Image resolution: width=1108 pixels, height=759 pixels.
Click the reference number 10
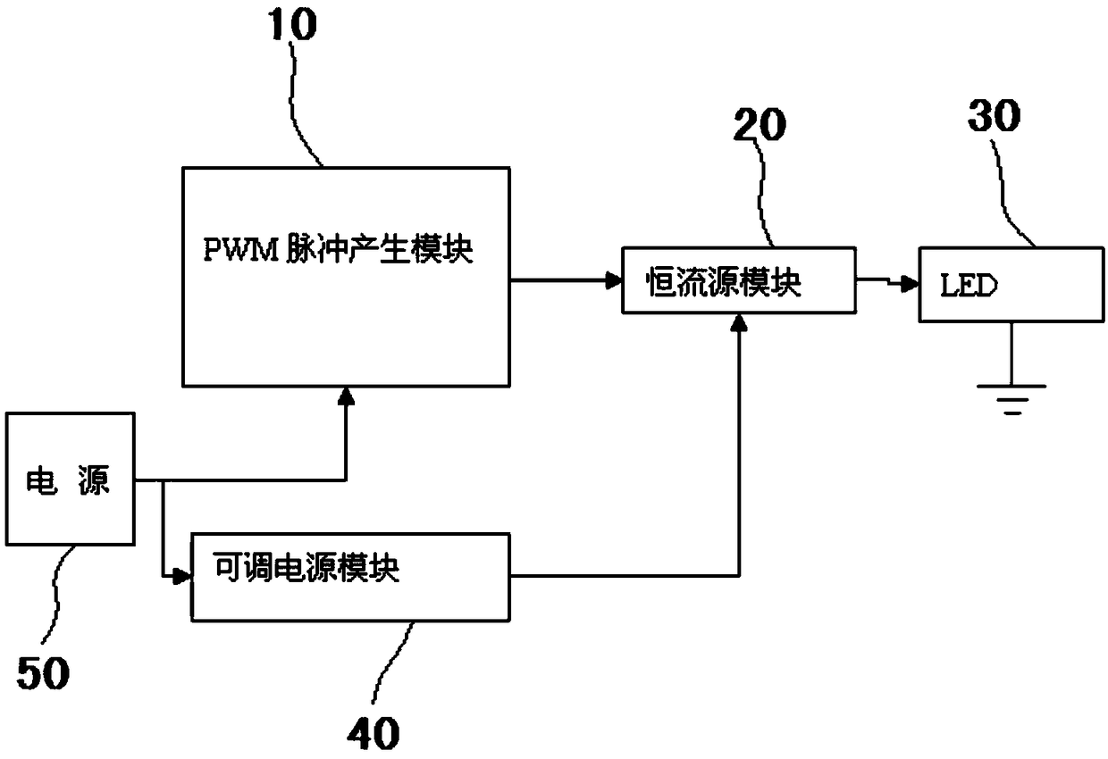pyautogui.click(x=292, y=24)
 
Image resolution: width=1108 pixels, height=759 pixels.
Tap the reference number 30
pyautogui.click(x=994, y=115)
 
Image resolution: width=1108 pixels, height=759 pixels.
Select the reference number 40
pyautogui.click(x=374, y=734)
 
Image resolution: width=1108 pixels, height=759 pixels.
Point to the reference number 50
pyautogui.click(x=43, y=673)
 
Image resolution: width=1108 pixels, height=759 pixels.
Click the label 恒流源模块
pyautogui.click(x=723, y=282)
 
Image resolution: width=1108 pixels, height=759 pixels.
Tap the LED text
pyautogui.click(x=969, y=286)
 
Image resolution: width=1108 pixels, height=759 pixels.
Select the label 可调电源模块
pyautogui.click(x=306, y=567)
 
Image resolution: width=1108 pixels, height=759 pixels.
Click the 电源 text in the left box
pyautogui.click(x=68, y=480)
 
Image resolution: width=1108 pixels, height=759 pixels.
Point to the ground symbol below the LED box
pyautogui.click(x=1012, y=399)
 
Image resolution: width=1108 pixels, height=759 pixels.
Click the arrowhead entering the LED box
pyautogui.click(x=909, y=284)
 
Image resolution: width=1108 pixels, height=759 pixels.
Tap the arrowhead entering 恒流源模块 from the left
pyautogui.click(x=614, y=280)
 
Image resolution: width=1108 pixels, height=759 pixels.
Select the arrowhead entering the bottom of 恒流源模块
pyautogui.click(x=739, y=322)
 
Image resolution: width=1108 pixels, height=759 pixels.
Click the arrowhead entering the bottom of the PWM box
pyautogui.click(x=346, y=396)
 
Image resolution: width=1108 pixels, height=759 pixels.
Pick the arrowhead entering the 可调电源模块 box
pyautogui.click(x=181, y=576)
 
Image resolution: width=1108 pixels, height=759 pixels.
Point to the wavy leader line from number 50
pyautogui.click(x=56, y=593)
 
